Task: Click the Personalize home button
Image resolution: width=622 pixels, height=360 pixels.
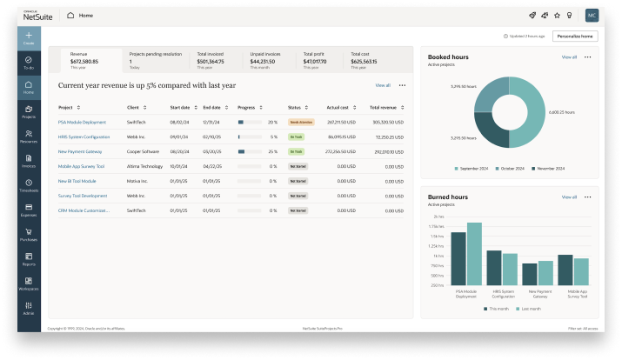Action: click(x=576, y=37)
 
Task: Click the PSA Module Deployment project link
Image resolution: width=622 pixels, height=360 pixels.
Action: click(x=82, y=122)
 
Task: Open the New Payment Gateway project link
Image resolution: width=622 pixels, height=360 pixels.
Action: click(x=81, y=151)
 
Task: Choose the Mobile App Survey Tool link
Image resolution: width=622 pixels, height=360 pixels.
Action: click(x=81, y=166)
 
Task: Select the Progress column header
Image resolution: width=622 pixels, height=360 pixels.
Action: click(x=245, y=107)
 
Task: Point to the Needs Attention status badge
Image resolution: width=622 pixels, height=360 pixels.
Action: click(x=301, y=122)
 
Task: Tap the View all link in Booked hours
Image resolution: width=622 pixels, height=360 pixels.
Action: click(x=569, y=57)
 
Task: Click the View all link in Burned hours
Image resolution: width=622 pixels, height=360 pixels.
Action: click(x=569, y=197)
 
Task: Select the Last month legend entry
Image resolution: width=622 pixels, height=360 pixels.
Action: click(x=529, y=309)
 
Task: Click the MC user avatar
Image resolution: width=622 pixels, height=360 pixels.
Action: click(x=592, y=16)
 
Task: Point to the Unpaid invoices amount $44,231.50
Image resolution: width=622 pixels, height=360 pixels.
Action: click(x=264, y=62)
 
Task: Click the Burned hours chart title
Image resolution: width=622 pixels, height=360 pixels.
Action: click(x=447, y=197)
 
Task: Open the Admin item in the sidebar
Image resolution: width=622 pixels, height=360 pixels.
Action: click(x=28, y=307)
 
